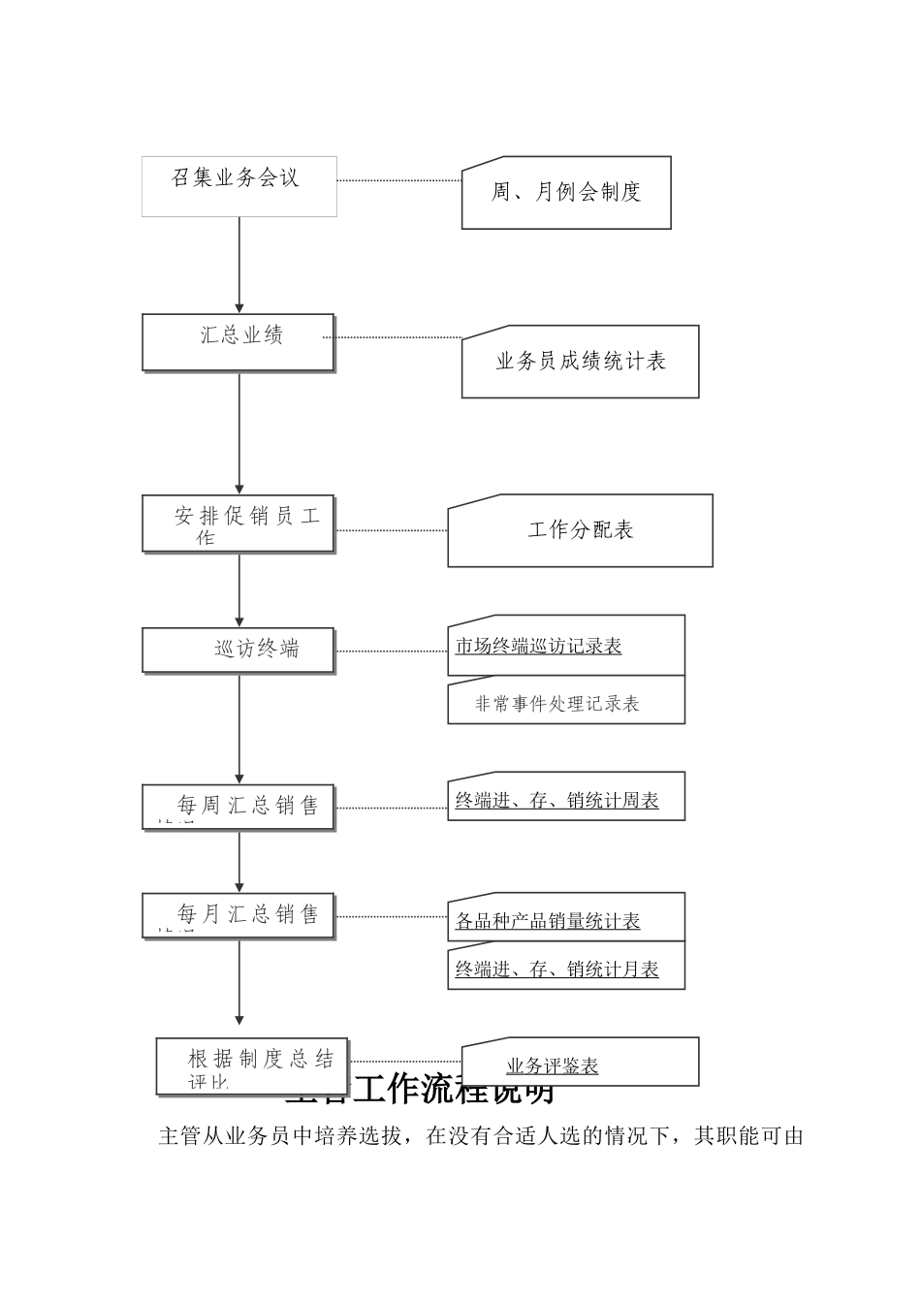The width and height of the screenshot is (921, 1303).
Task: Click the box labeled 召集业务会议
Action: pyautogui.click(x=238, y=186)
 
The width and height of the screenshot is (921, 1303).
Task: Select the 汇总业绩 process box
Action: pyautogui.click(x=238, y=341)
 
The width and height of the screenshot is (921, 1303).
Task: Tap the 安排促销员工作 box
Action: pyautogui.click(x=238, y=524)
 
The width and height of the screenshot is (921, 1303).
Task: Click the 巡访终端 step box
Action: pyautogui.click(x=238, y=650)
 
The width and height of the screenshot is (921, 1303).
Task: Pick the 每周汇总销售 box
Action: pyautogui.click(x=238, y=807)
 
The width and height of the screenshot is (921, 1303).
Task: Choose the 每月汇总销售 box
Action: pyautogui.click(x=238, y=915)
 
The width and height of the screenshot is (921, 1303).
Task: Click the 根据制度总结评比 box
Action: pyautogui.click(x=252, y=1065)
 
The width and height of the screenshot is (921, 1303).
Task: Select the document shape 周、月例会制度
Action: pyautogui.click(x=566, y=193)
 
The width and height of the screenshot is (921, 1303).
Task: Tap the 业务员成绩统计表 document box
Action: pyautogui.click(x=580, y=362)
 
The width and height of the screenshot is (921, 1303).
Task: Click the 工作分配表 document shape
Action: pyautogui.click(x=580, y=530)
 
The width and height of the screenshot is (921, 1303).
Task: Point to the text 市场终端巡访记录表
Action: pyautogui.click(x=538, y=646)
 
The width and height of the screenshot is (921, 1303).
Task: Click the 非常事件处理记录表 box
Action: pyautogui.click(x=557, y=704)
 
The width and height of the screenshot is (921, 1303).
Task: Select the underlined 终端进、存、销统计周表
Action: pyautogui.click(x=556, y=801)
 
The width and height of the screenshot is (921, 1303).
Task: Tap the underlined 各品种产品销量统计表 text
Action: pyautogui.click(x=548, y=921)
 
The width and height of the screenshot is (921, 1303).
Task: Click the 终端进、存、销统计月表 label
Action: pyautogui.click(x=556, y=969)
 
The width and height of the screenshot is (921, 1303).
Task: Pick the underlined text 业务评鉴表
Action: pyautogui.click(x=552, y=1066)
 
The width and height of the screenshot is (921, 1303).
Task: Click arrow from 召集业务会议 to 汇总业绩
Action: pyautogui.click(x=239, y=264)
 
